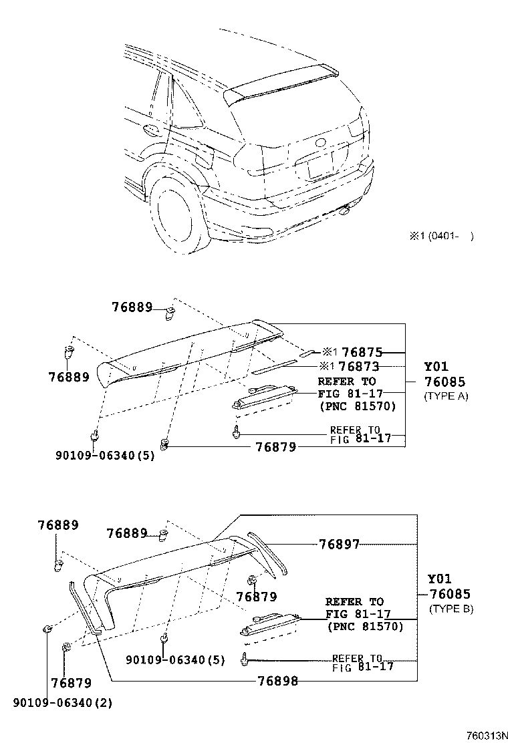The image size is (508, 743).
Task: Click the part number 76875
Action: pos(361,352)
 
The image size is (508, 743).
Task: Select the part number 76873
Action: pos(359,367)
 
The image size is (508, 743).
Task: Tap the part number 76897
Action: pos(338,545)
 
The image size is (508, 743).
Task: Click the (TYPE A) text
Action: pos(446,396)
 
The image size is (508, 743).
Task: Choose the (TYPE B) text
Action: pos(451,609)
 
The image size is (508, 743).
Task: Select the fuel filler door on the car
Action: pos(205,158)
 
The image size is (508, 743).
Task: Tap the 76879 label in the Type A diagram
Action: pos(275,447)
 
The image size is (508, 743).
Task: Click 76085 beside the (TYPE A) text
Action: pos(445,382)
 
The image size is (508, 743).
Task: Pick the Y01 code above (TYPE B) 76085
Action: pos(439,579)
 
